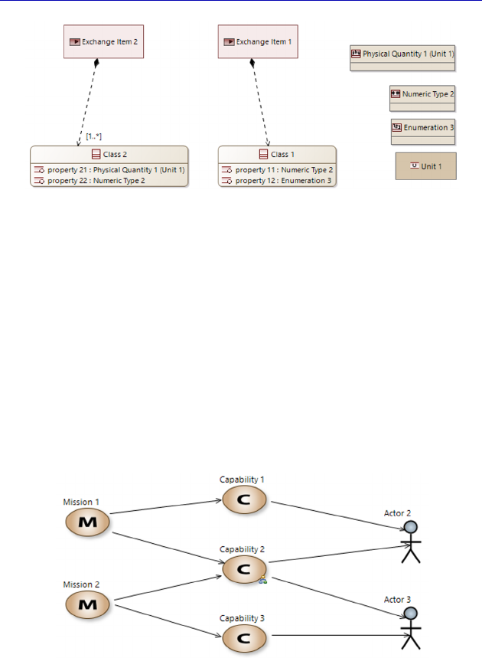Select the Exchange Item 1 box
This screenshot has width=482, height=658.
click(258, 42)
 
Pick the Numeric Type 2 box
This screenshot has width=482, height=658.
click(422, 98)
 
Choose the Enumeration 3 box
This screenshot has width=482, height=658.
click(423, 131)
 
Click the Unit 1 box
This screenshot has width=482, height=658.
click(425, 166)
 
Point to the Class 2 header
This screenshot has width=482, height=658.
click(109, 154)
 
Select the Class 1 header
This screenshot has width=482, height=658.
click(276, 154)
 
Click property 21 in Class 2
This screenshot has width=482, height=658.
click(109, 169)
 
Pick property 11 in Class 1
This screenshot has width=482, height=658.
click(276, 169)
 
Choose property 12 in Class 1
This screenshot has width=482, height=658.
click(276, 181)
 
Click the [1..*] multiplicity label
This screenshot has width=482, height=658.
click(94, 136)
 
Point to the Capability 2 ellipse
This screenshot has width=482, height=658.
click(245, 569)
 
